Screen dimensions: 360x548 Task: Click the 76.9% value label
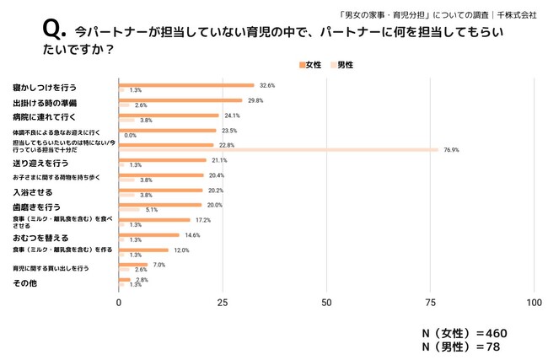(x=453, y=150)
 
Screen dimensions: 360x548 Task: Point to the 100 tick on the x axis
(x=532, y=301)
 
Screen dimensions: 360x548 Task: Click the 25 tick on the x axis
(x=222, y=301)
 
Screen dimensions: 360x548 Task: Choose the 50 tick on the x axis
(x=325, y=301)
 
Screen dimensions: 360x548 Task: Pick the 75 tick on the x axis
(x=430, y=301)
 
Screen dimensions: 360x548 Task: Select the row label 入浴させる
(x=32, y=192)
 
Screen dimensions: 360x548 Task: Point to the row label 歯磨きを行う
(x=35, y=206)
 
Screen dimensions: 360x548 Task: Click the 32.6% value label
(x=267, y=85)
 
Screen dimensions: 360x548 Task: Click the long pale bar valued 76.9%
(x=278, y=150)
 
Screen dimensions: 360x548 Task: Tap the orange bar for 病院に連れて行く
(x=169, y=116)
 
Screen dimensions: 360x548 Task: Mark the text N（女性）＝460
(x=465, y=333)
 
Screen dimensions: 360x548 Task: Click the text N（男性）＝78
(x=459, y=347)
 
